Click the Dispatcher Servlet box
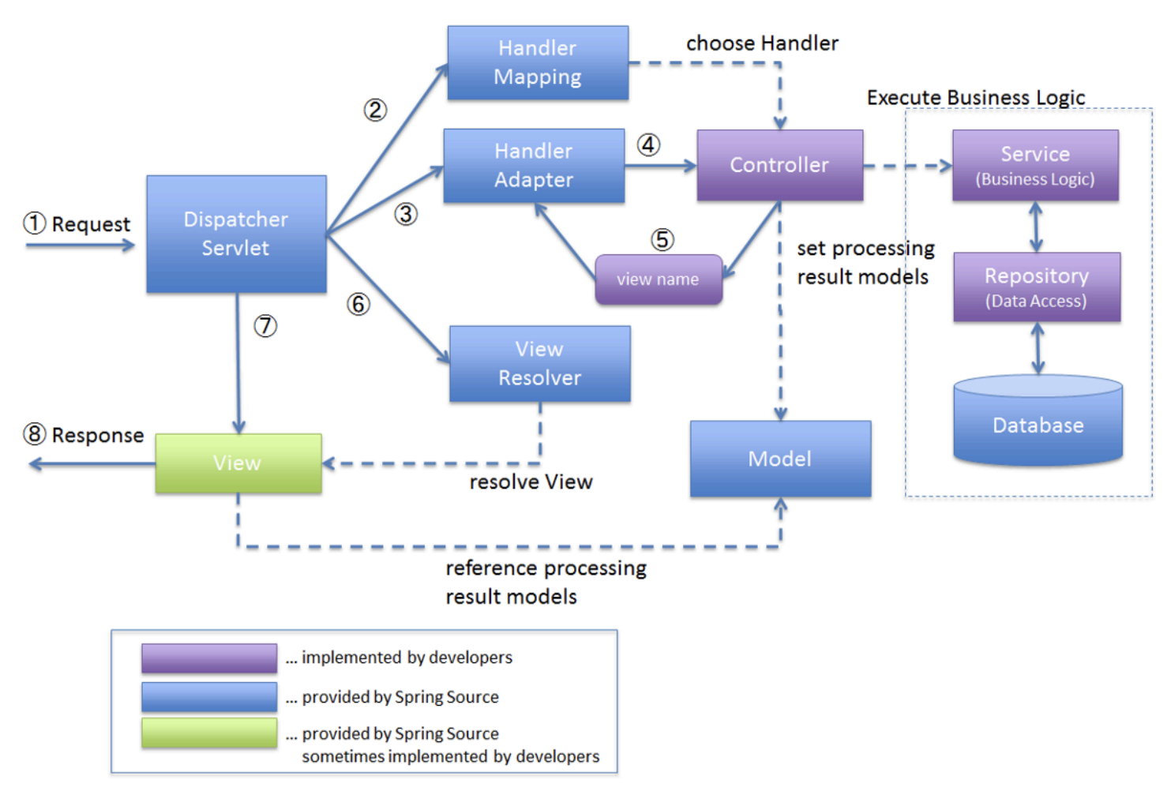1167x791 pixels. tap(236, 234)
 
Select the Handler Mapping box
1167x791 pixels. tap(538, 62)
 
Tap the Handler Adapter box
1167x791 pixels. tap(534, 166)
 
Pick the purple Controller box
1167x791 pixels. tap(779, 165)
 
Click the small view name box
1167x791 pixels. tap(658, 279)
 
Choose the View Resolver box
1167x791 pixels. tap(540, 364)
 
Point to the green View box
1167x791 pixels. tap(238, 463)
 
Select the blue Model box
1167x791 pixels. tap(780, 459)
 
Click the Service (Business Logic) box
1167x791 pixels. tap(1035, 165)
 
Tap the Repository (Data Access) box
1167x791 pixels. tap(1037, 287)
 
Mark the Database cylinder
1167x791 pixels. tap(1038, 422)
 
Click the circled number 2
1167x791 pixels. tap(375, 110)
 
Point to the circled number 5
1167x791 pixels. tap(662, 239)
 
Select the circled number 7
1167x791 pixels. tap(265, 326)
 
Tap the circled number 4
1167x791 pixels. tap(649, 145)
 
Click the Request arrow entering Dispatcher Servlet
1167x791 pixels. tap(79, 246)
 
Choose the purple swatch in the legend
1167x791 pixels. tap(209, 658)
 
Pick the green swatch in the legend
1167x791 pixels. tap(209, 733)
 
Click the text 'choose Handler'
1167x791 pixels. tap(762, 43)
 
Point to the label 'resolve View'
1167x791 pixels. tap(531, 482)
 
